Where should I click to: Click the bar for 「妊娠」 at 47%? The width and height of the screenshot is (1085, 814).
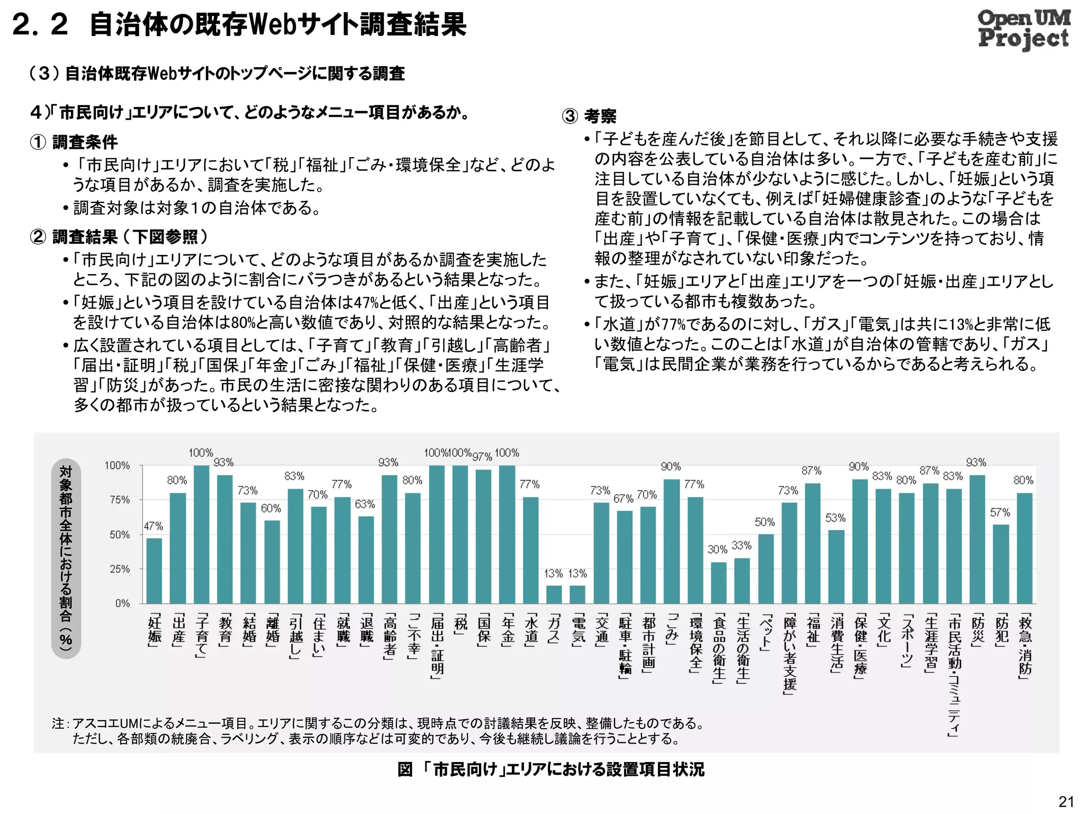point(154,571)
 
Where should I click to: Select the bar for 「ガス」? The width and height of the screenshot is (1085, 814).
point(554,594)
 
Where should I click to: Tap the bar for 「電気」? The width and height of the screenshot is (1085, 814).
point(577,594)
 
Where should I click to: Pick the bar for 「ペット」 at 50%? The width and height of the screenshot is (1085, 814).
point(766,569)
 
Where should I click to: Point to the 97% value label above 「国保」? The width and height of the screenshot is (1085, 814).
point(482,456)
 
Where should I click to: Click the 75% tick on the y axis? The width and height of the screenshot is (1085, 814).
point(120,500)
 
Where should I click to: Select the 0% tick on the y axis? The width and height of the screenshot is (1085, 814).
point(122,603)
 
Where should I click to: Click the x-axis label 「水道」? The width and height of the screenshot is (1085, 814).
point(531,631)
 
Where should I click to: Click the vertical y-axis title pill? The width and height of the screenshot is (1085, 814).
point(66,558)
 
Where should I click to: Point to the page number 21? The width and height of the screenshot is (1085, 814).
point(1066,801)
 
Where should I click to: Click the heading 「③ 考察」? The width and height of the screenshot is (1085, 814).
point(589,116)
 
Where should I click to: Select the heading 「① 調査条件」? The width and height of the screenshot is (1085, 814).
point(74,142)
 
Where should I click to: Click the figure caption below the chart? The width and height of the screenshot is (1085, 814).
point(551,769)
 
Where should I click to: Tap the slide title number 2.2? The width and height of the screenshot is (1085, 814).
point(40,25)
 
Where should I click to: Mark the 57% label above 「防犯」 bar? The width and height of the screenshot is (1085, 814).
point(1000,512)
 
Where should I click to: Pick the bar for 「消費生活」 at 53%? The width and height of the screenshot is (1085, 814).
point(836,567)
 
